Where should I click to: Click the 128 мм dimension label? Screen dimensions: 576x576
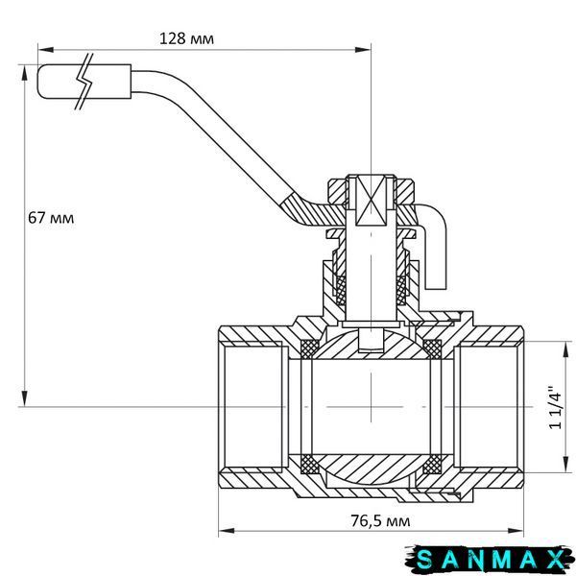point(186,38)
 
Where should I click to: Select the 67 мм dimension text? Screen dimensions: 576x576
point(51,218)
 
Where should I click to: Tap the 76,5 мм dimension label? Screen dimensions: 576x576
point(380,520)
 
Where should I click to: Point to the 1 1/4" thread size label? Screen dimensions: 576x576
point(555,407)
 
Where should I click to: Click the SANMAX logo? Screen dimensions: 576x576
point(490,560)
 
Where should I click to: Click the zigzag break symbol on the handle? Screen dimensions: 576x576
point(84,82)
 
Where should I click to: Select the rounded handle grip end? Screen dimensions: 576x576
point(84,82)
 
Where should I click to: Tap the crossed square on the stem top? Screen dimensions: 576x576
point(371,201)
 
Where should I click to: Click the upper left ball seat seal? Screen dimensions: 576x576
point(310,348)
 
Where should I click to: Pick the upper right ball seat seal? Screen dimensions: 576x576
point(433,348)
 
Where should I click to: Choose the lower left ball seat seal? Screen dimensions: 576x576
point(310,465)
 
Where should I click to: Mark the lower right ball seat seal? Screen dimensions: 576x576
point(433,465)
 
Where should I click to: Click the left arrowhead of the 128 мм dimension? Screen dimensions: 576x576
point(45,50)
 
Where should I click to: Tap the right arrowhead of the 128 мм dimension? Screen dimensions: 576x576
point(363,50)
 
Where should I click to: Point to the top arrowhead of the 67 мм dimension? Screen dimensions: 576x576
point(25,73)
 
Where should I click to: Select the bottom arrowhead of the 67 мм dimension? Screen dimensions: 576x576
point(25,398)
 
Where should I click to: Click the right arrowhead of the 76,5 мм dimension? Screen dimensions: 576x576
point(516,531)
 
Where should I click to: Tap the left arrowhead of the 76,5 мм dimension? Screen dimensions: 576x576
point(227,531)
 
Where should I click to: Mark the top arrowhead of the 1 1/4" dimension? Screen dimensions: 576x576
point(565,349)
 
